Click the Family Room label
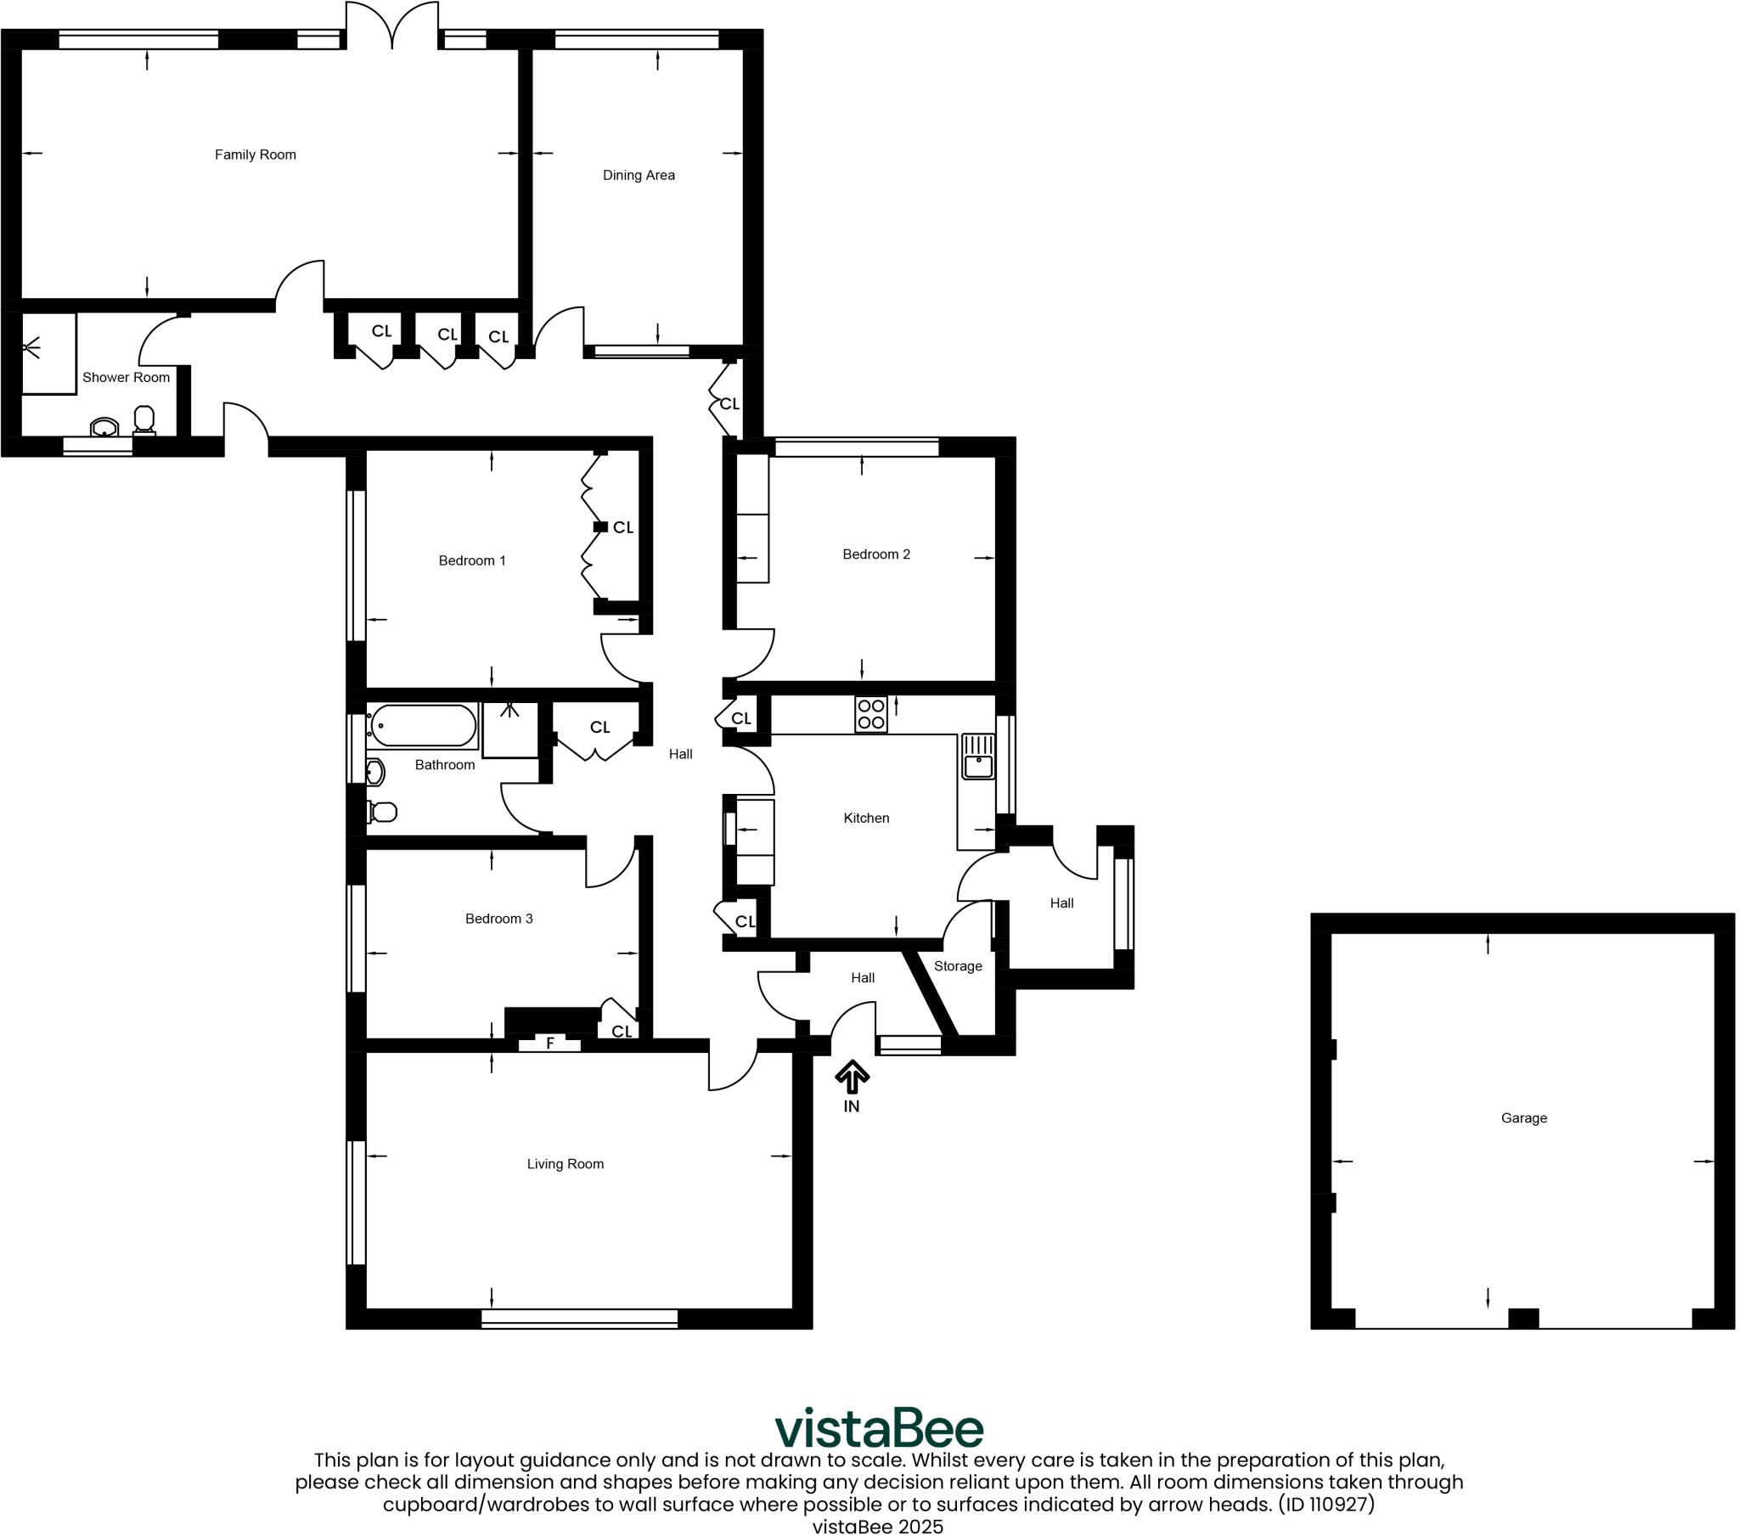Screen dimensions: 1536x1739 256,155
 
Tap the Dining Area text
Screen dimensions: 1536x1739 638,175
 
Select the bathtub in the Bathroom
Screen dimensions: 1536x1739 423,726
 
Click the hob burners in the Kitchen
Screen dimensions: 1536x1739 870,714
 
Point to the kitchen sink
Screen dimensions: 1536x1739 977,757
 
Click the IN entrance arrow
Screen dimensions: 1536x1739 852,1077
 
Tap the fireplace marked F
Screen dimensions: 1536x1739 549,1043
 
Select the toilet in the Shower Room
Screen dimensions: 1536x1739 144,419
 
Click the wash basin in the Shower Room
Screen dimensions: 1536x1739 104,427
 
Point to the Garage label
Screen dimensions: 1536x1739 1523,1118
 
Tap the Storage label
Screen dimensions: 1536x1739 957,966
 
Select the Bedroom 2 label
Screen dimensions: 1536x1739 875,554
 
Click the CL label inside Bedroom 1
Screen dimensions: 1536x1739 622,527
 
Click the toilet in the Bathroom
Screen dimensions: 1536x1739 382,813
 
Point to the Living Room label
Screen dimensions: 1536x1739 565,1164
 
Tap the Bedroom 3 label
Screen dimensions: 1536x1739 498,918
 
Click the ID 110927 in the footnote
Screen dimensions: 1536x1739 1325,1504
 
